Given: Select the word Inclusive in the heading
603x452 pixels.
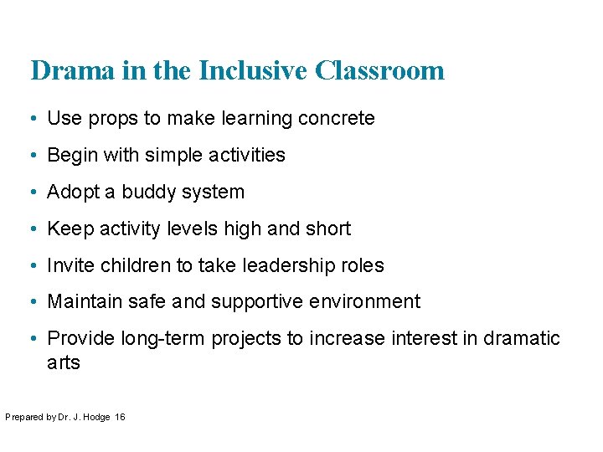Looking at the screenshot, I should (254, 70).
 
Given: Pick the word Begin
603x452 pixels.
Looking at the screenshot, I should (70, 156).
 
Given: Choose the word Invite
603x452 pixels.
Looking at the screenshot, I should (71, 265).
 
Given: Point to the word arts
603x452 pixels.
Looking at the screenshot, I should (64, 362).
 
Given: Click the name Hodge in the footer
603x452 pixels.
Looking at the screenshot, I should (96, 417).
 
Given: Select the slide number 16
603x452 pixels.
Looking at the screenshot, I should (120, 417).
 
